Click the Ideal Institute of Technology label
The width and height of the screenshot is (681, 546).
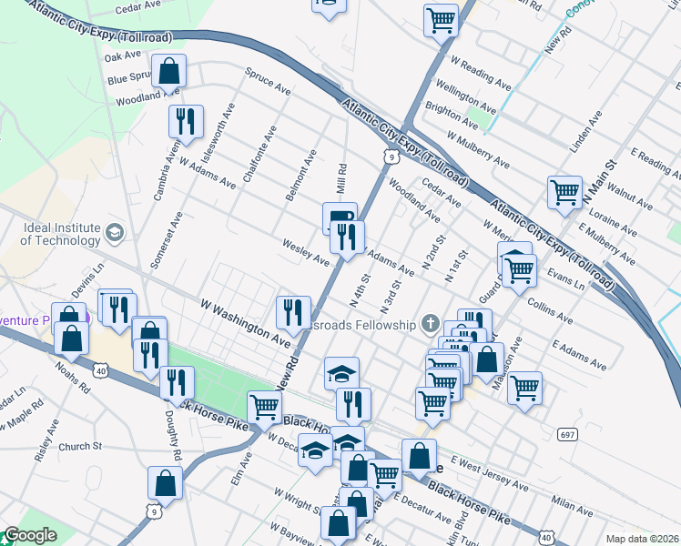[x=60, y=234]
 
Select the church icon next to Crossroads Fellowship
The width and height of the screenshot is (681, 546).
[x=431, y=324]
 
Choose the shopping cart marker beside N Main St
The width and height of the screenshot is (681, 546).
[x=564, y=192]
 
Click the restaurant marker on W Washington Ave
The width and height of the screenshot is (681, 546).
[x=293, y=312]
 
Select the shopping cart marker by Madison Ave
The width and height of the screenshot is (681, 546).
[x=524, y=388]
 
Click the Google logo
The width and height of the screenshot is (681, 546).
[x=30, y=536]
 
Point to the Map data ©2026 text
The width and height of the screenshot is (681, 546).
[x=642, y=539]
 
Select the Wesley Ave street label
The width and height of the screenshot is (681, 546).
[x=305, y=252]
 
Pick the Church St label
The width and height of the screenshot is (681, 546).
[x=80, y=447]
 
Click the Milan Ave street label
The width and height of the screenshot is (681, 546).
[x=572, y=506]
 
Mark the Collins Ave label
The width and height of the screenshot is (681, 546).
[x=550, y=310]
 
